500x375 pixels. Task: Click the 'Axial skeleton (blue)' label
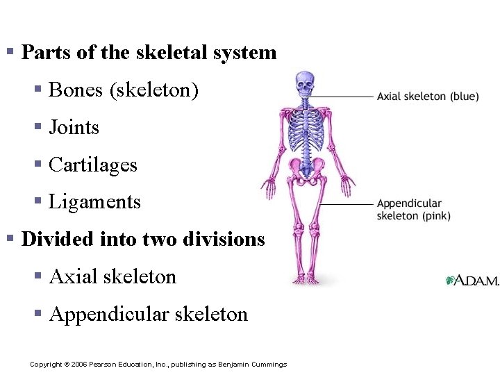pos(428,97)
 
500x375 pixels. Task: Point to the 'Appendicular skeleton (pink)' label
pos(413,210)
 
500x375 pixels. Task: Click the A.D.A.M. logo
pos(472,280)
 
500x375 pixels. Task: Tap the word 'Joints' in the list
pos(74,128)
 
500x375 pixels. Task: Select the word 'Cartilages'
pos(93,165)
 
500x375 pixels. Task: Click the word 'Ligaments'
pos(95,202)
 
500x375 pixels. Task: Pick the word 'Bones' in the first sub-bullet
pos(76,90)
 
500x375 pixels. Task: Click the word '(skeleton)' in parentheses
pos(154,90)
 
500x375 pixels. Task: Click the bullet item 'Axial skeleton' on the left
pos(113,277)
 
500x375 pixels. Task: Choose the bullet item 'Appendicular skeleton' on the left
pos(149,315)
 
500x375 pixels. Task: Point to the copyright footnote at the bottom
pos(158,365)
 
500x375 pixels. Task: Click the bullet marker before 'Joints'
pos(39,127)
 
